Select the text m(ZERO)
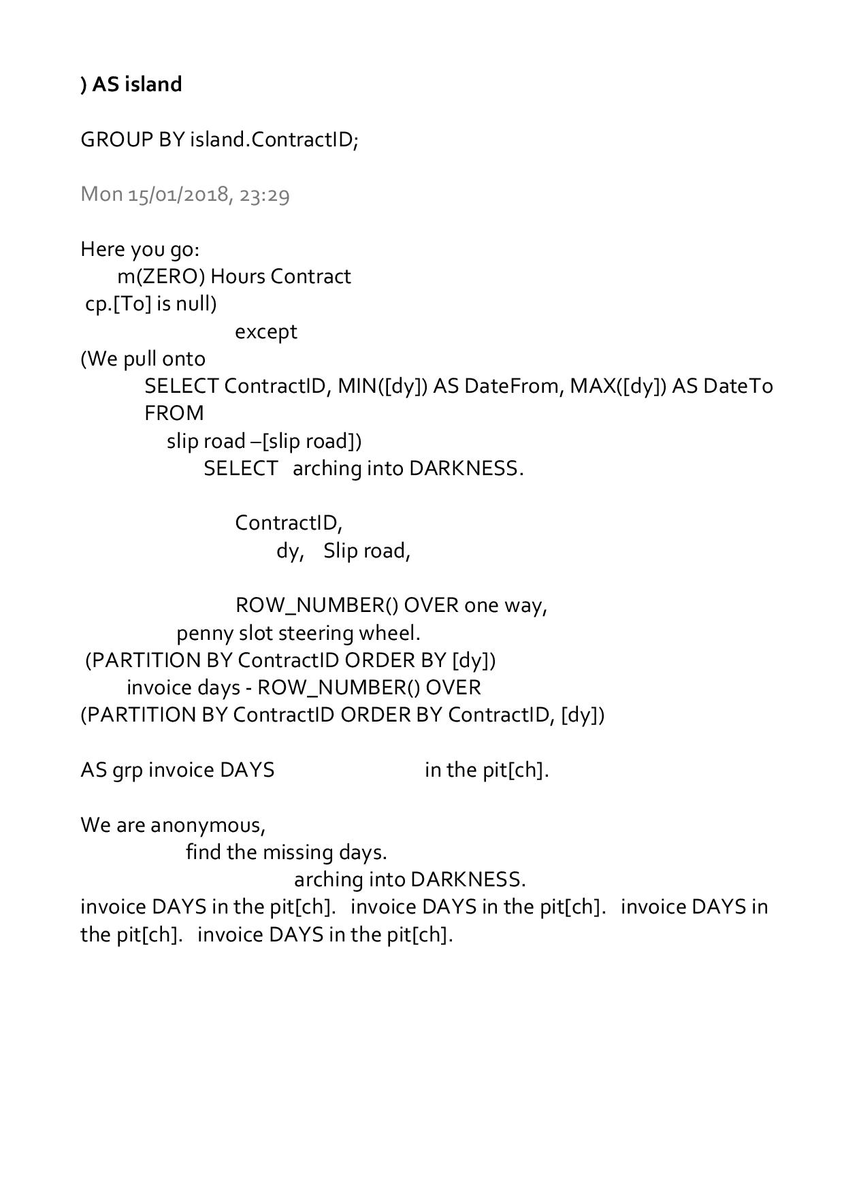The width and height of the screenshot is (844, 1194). (x=161, y=276)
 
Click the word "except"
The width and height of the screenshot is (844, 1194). (x=266, y=332)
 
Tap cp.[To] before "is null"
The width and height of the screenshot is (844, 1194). (x=118, y=304)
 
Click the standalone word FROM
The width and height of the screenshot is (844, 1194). (x=174, y=413)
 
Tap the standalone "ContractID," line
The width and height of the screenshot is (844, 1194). (x=289, y=523)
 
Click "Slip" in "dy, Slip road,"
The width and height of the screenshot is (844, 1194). (x=339, y=551)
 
